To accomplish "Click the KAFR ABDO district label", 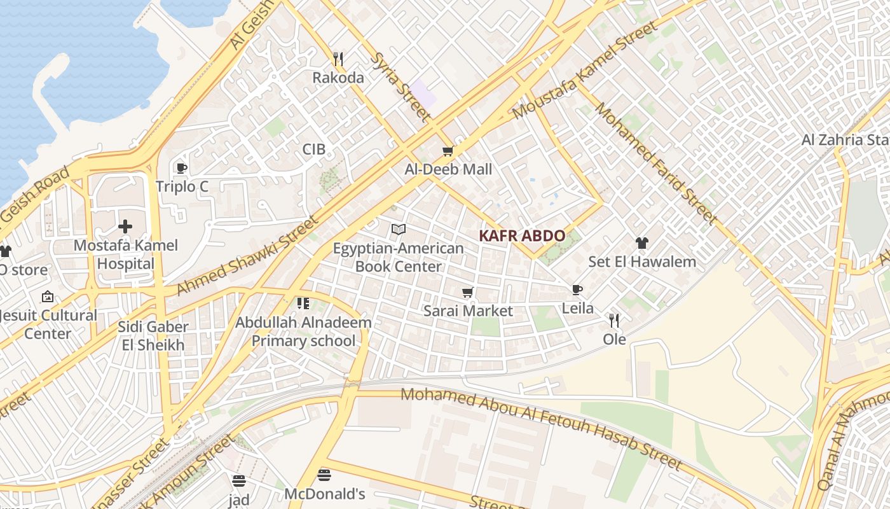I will point(521,235).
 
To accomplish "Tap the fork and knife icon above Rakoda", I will point(338,59).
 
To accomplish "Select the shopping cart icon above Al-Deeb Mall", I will point(448,151).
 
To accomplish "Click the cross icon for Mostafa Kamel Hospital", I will point(125,226).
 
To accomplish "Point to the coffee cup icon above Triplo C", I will point(181,168).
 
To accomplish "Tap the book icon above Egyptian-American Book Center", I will point(399,229).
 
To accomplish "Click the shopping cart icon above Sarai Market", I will point(468,292).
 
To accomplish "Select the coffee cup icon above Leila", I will point(577,290).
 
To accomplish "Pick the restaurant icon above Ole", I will point(614,320).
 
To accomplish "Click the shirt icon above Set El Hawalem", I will point(641,242).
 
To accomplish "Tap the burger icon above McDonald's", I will point(324,475).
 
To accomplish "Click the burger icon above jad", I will point(239,480).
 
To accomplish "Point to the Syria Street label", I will point(400,87).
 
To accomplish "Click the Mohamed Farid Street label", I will point(655,163).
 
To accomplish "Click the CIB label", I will point(313,150).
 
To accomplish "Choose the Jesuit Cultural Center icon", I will point(48,296).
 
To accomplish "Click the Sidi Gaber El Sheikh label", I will point(153,336).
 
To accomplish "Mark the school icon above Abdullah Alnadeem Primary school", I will point(303,303).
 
